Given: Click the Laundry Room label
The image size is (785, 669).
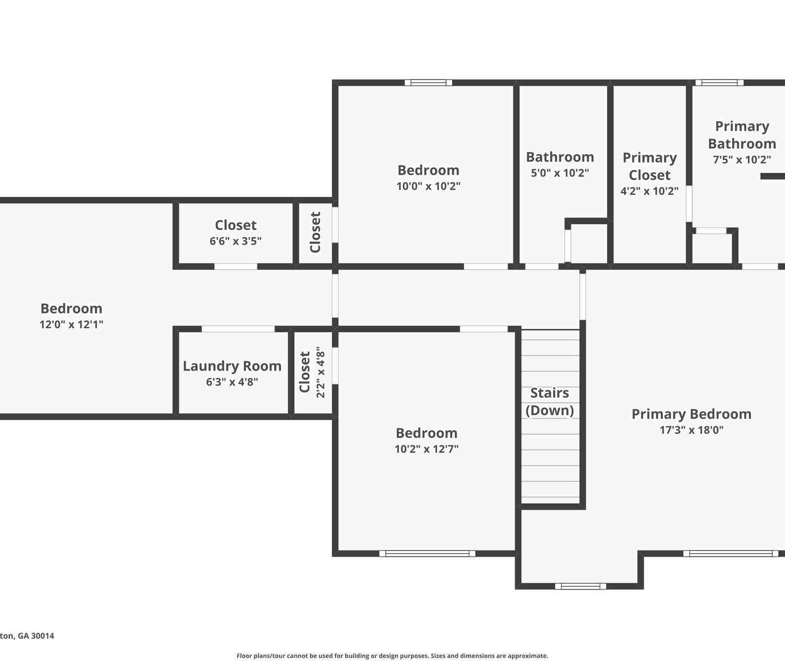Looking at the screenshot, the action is tap(232, 366).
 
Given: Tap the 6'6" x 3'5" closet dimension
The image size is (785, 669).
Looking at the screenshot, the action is tap(235, 241).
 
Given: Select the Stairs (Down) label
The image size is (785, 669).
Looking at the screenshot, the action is tap(549, 401).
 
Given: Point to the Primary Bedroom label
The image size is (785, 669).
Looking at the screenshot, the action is tap(691, 414).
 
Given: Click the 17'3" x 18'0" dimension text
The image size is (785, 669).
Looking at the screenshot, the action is tap(691, 430).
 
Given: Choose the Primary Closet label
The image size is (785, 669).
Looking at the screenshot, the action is tap(649, 166).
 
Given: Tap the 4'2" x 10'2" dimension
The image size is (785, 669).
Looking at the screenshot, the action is tap(649, 191).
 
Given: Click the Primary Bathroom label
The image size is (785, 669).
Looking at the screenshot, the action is tap(742, 135).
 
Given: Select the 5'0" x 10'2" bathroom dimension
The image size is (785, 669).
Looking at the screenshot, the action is tap(560, 173).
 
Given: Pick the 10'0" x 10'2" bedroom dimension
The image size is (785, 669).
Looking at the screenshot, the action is tap(429, 186).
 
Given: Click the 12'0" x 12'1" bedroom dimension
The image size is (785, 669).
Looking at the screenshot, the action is tap(71, 324).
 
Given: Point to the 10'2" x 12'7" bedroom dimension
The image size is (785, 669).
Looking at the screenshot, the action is tap(427, 449).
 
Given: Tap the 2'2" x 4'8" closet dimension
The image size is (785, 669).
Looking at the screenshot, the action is tap(320, 372).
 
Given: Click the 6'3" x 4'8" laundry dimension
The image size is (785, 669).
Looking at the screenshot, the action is tap(232, 382).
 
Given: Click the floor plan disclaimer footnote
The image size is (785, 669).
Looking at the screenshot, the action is tap(392, 656).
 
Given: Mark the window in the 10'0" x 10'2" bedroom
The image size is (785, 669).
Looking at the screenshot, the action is tap(429, 83).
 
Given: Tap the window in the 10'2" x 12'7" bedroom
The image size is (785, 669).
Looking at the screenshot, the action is tap(427, 553).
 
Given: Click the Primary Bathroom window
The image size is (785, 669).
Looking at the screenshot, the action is tap(719, 83).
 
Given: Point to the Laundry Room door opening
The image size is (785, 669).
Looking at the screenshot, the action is tap(238, 329).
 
